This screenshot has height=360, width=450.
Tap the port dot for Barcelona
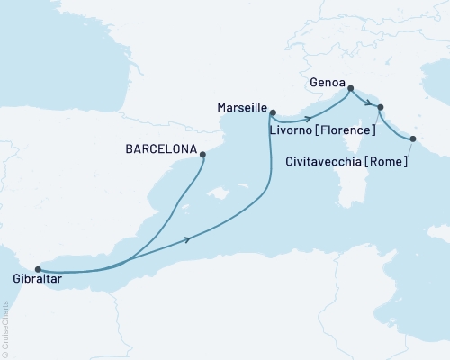[x=202, y=155]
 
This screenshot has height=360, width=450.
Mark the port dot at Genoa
[x=350, y=88]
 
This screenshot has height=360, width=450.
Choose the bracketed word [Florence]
[x=346, y=130]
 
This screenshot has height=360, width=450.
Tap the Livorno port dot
[x=381, y=108]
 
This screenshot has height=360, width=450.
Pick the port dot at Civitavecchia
[x=413, y=139]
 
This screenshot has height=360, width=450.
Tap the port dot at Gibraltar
[x=37, y=268]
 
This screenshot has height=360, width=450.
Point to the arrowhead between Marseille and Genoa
[x=310, y=118]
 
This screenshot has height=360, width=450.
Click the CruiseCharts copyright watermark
[x=6, y=324]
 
